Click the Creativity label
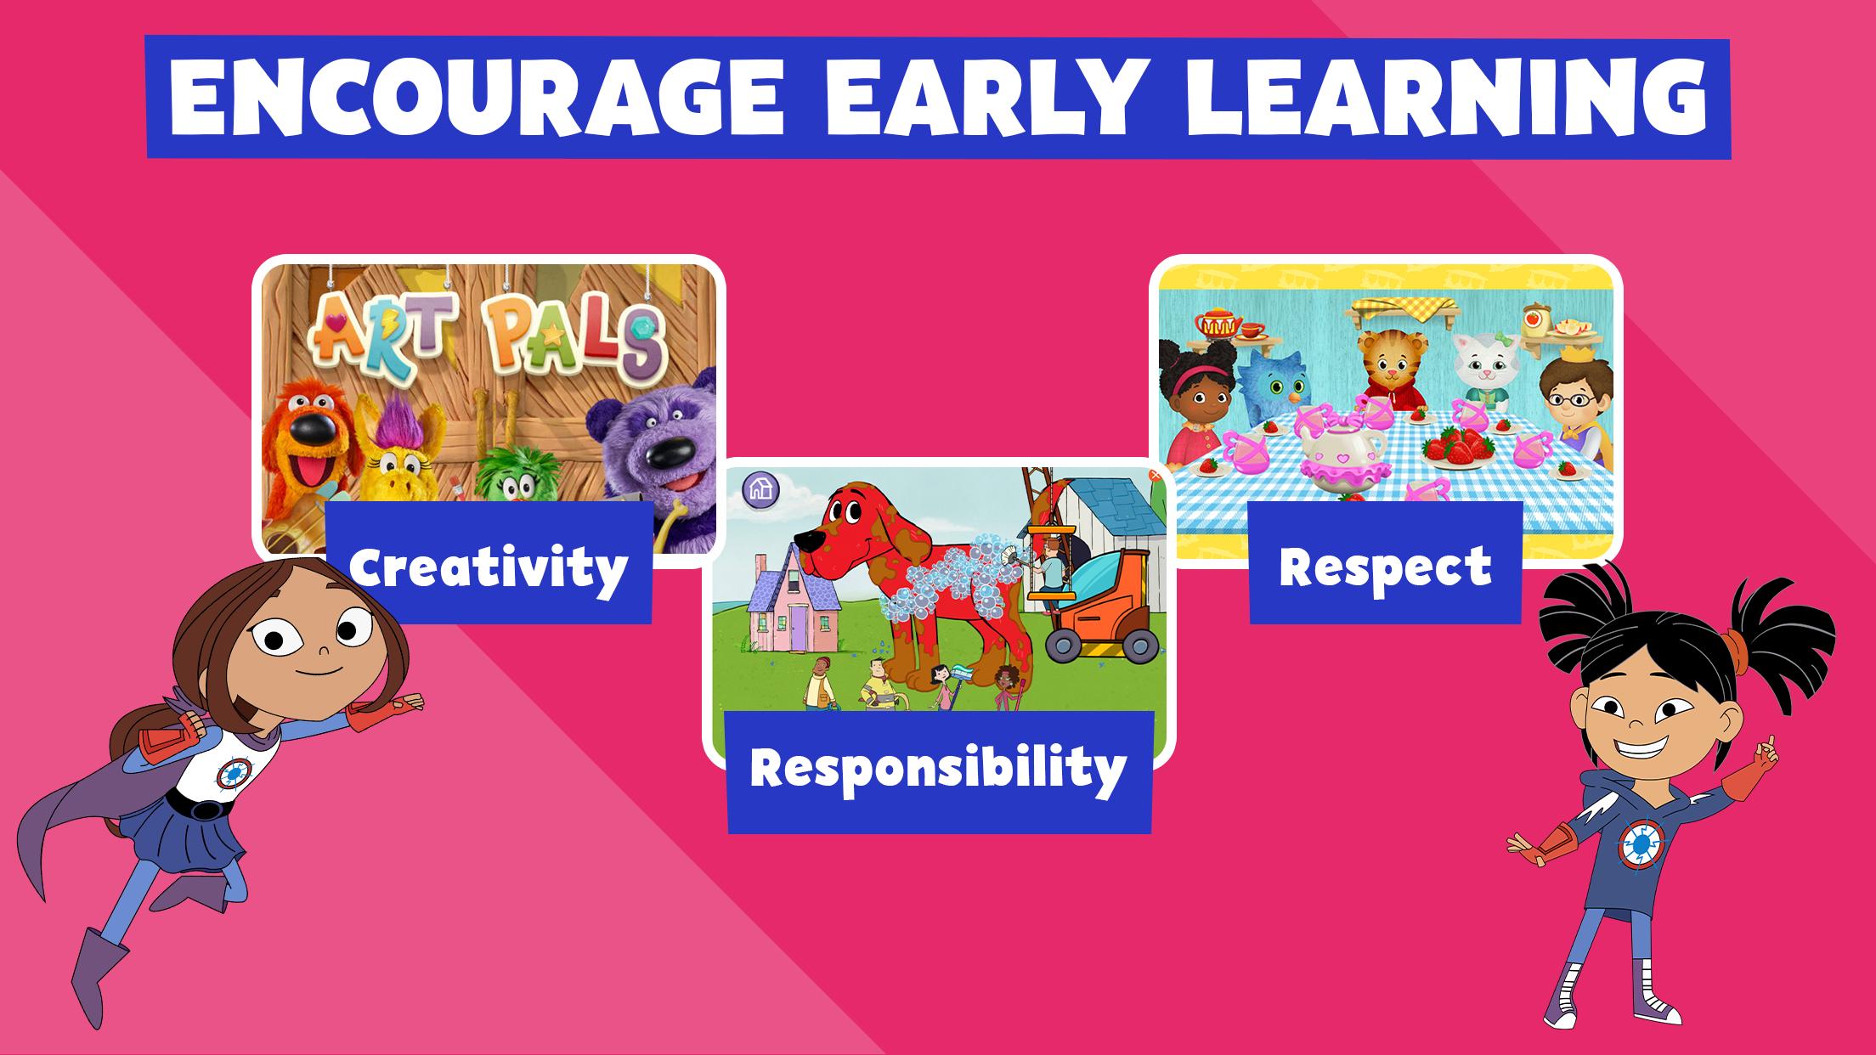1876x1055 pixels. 489,565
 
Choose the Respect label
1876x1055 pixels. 1385,565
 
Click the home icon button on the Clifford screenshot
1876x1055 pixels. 760,488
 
